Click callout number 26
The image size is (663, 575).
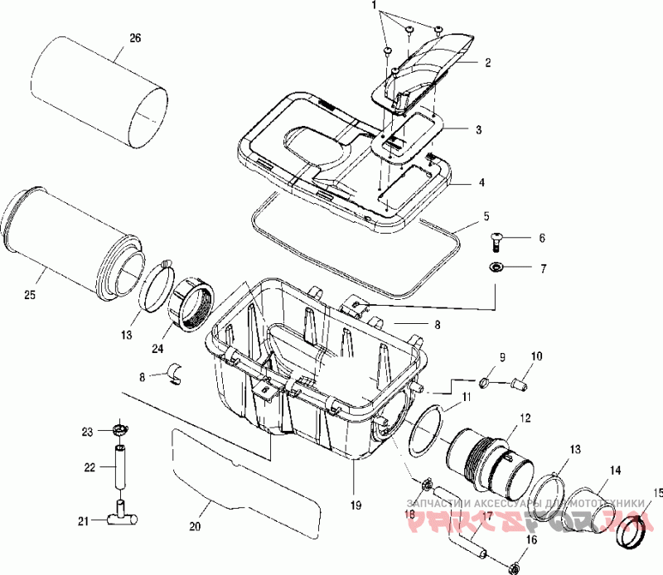[x=136, y=38]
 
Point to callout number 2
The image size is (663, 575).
[x=488, y=62]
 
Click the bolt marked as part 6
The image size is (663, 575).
[x=498, y=240]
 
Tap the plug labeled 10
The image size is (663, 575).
[x=520, y=383]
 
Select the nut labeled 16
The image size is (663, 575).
[x=513, y=568]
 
